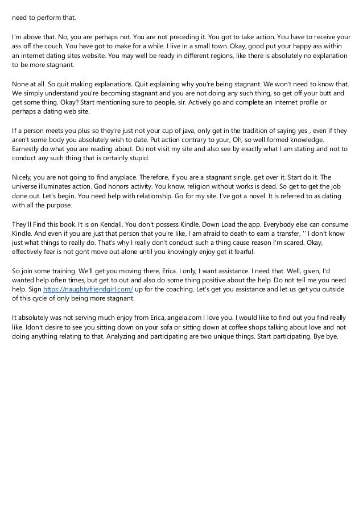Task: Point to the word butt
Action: (x=322, y=92)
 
